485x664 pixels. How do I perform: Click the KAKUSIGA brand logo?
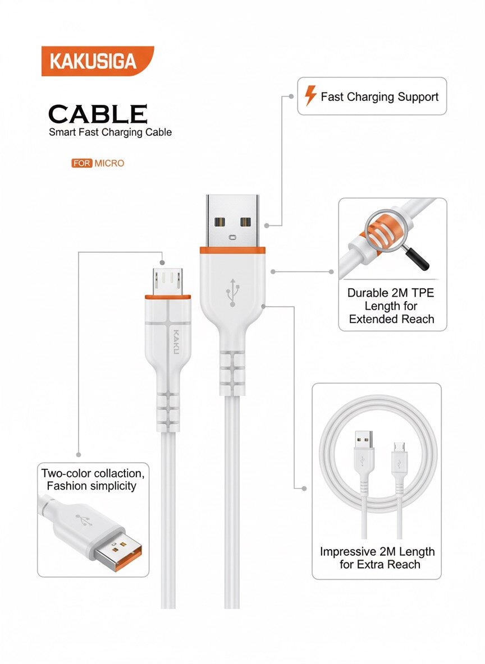(93, 61)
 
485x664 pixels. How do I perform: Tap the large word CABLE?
(98, 114)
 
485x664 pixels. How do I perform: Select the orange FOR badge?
(81, 164)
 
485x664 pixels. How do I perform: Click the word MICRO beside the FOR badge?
(109, 164)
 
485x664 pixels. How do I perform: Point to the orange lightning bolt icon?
(310, 96)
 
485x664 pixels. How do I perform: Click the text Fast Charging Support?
(379, 97)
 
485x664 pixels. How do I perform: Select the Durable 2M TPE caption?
(391, 306)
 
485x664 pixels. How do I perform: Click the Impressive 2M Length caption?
(377, 557)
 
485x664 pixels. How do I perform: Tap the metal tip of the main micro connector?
(167, 279)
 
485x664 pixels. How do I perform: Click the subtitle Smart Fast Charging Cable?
(110, 133)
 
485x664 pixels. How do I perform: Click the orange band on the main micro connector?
(167, 297)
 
